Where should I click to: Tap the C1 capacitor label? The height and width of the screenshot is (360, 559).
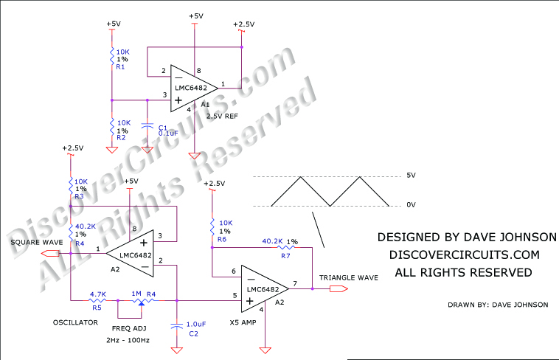(x=163, y=127)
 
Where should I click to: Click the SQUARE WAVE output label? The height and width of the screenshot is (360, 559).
(x=35, y=241)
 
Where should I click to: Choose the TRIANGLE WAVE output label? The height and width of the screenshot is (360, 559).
(x=349, y=278)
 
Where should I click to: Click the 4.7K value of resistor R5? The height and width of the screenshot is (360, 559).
(x=98, y=294)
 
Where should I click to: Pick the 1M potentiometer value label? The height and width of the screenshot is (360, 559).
(x=136, y=294)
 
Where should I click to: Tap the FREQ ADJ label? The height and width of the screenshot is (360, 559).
(x=129, y=328)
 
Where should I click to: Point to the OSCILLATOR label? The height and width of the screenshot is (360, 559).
(x=76, y=322)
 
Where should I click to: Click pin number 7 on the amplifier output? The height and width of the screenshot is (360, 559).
(x=295, y=283)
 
